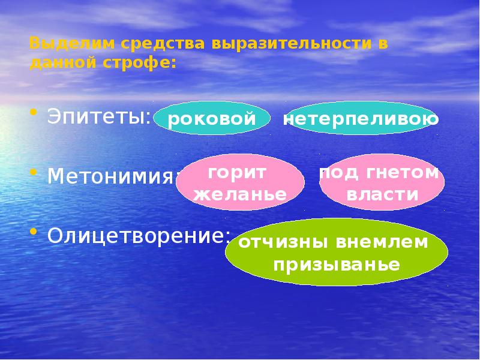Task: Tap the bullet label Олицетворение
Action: coord(139,235)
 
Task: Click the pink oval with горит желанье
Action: coord(240,184)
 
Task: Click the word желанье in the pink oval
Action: coord(240,194)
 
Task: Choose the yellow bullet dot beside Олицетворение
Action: coord(35,231)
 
